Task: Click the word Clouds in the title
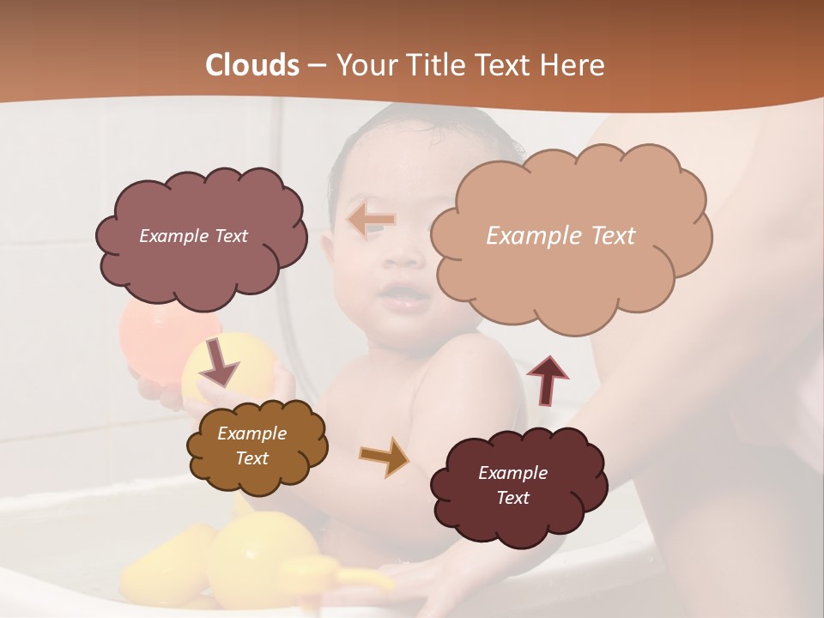(252, 65)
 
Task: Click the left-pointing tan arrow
(372, 221)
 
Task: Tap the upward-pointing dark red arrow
(547, 379)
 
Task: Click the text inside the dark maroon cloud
(512, 485)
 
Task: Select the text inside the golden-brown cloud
(251, 445)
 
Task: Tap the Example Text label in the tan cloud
(560, 235)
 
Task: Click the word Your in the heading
(364, 65)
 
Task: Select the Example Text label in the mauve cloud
(193, 235)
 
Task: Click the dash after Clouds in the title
(316, 65)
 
